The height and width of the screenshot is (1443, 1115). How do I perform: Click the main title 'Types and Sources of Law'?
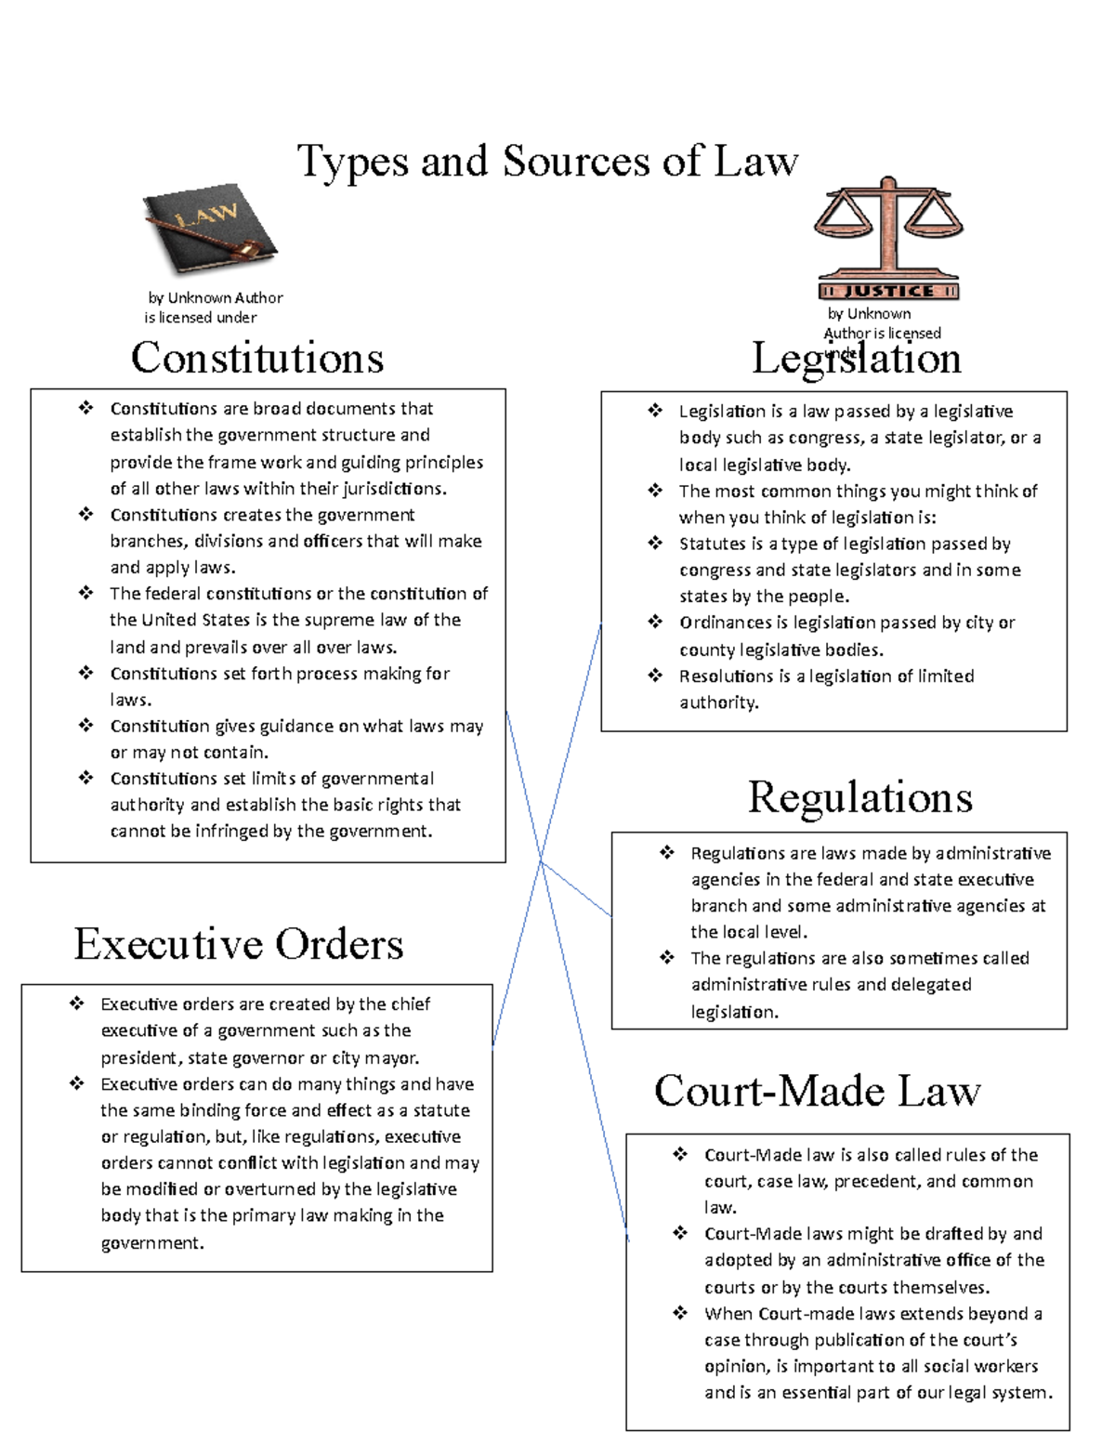pyautogui.click(x=547, y=162)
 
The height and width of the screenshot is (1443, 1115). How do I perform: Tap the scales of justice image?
pyautogui.click(x=888, y=237)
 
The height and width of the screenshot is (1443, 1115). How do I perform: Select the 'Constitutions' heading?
pyautogui.click(x=257, y=359)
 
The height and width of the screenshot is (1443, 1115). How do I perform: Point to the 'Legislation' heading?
pyautogui.click(x=856, y=360)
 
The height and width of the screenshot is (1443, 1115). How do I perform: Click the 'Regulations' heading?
pyautogui.click(x=860, y=797)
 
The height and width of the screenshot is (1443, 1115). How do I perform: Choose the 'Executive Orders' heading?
pyautogui.click(x=239, y=944)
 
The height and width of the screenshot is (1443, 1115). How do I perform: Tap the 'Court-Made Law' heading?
pyautogui.click(x=817, y=1091)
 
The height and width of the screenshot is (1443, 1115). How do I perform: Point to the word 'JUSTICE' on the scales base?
pyautogui.click(x=888, y=292)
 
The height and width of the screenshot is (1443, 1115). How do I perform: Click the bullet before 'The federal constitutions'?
pyautogui.click(x=86, y=593)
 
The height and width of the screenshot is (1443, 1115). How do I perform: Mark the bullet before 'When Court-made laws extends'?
pyautogui.click(x=680, y=1313)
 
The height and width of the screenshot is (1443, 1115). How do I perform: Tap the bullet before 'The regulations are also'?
pyautogui.click(x=667, y=958)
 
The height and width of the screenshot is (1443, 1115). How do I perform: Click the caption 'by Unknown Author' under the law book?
pyautogui.click(x=216, y=298)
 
